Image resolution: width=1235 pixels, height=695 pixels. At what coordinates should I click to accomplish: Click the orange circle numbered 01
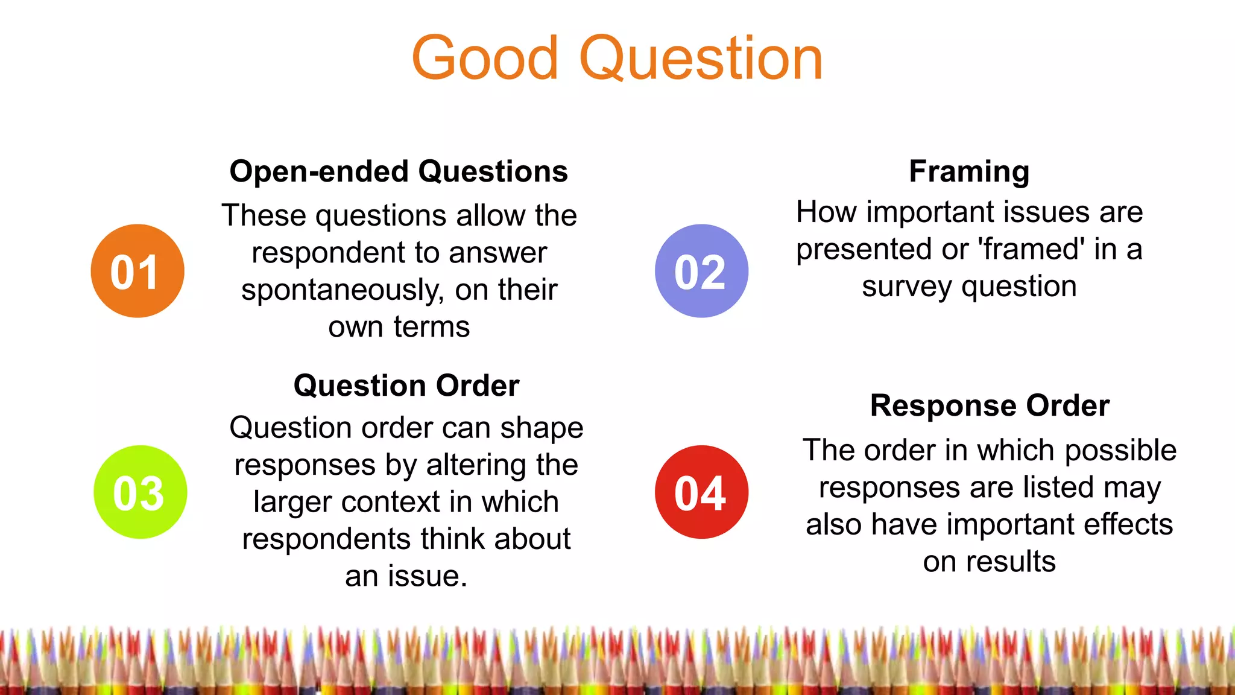pos(137,271)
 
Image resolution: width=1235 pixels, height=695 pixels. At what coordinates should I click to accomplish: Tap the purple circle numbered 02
pos(701,271)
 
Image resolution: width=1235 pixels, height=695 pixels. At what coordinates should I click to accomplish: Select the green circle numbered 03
pos(141,492)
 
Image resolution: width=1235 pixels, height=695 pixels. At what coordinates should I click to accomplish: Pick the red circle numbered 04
pos(701,492)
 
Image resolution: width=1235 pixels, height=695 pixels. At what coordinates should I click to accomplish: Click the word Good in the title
pos(485,59)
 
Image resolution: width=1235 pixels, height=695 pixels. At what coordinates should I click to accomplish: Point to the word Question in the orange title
pos(701,59)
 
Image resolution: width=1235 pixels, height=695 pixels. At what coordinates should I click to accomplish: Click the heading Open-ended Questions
pos(399,171)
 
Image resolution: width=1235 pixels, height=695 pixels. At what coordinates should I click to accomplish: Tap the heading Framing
pos(969,171)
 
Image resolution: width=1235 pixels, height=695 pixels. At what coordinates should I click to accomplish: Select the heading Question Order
pos(406,386)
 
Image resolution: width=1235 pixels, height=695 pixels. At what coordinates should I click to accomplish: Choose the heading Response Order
pos(990,405)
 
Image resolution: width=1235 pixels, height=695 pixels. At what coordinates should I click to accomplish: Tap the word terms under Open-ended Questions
pos(432,327)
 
